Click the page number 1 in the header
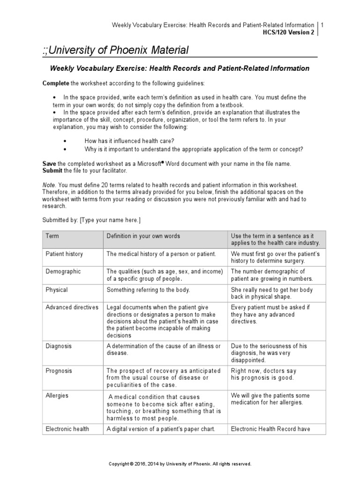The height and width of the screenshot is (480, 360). pos(322,25)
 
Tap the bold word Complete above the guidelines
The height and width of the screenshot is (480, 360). pos(56,83)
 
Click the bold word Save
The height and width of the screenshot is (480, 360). pos(49,164)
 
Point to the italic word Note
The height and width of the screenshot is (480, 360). pos(49,186)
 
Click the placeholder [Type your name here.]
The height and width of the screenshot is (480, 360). pos(110,219)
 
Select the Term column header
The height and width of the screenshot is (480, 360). pos(52,236)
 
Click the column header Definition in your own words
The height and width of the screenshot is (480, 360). pos(143,236)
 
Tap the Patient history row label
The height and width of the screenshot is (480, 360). pos(64,254)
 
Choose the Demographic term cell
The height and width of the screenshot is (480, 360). pos(63,271)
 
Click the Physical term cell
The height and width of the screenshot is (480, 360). pos(57,290)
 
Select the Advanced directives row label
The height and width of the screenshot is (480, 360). pos(72,307)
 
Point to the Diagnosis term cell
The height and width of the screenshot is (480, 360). pos(59,346)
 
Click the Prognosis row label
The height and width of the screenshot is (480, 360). pos(59,370)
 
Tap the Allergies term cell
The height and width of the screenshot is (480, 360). pos(57,395)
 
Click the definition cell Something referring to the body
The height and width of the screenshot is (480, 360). pos(148,290)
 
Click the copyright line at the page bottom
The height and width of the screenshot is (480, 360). pos(180,464)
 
